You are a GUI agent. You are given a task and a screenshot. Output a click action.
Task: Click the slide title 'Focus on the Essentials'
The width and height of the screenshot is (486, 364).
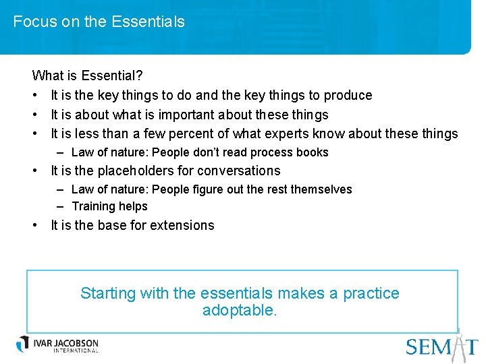(99, 22)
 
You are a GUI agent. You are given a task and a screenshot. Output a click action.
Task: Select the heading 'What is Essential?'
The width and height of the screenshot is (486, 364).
(87, 75)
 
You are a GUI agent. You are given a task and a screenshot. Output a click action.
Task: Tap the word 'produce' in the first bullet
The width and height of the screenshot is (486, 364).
(348, 95)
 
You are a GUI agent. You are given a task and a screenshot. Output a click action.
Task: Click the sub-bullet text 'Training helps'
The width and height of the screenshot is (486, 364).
(109, 206)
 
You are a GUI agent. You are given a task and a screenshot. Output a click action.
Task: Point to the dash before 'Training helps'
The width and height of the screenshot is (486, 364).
(61, 206)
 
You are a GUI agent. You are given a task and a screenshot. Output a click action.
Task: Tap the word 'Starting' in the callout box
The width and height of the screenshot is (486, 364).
(108, 293)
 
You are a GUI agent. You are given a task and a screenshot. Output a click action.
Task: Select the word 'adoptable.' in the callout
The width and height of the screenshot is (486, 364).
(240, 310)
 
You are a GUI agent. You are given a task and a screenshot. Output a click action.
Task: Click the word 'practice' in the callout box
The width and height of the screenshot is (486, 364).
(371, 293)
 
